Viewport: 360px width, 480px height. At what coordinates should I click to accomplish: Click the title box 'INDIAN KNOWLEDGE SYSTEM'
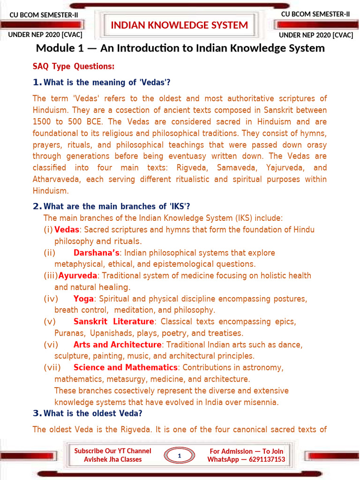180,25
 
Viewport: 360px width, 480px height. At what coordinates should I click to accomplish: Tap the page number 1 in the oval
179,455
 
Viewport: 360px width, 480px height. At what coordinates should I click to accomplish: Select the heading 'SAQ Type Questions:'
74,67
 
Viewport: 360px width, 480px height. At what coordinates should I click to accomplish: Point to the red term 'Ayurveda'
78,276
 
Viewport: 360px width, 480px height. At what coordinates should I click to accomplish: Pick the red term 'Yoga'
83,299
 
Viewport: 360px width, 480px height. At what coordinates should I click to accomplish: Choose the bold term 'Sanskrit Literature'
114,322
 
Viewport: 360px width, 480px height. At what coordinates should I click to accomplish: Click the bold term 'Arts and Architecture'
117,345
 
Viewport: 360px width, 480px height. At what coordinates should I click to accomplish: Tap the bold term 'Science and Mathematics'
126,367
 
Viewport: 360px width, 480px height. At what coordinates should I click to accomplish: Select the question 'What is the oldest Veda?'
93,413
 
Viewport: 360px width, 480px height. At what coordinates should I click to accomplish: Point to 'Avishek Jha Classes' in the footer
112,459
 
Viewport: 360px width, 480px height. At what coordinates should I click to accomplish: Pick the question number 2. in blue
37,207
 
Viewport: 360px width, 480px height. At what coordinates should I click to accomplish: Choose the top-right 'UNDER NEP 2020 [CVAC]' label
316,35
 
